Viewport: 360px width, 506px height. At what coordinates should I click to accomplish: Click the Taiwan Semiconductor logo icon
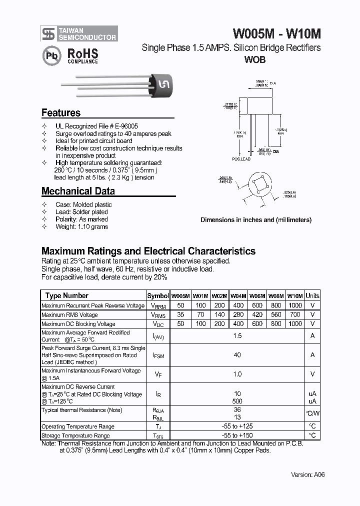point(48,33)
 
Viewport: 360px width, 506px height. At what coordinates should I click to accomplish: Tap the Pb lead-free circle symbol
point(50,55)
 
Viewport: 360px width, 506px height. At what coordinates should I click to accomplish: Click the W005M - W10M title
point(277,33)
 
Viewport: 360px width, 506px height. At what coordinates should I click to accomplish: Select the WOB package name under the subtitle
point(254,60)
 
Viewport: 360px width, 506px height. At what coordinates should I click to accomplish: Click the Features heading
point(61,113)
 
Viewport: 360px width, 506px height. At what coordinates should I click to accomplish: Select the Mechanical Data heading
point(78,191)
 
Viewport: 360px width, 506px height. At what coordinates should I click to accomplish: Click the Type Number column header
point(67,295)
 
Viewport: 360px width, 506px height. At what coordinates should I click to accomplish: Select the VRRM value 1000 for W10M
point(295,305)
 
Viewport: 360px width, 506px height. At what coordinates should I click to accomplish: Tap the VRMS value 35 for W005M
point(180,315)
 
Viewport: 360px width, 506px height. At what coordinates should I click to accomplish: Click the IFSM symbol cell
point(158,355)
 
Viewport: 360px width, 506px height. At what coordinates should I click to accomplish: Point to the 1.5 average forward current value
point(237,336)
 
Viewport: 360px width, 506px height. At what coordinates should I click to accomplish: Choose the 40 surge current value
point(237,355)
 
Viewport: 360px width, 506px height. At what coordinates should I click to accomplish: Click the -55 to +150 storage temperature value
point(237,435)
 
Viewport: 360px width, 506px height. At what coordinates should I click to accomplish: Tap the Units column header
point(312,295)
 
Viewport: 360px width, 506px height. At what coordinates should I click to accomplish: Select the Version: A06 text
point(308,475)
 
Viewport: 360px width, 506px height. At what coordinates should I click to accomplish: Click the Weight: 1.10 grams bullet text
point(81,226)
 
